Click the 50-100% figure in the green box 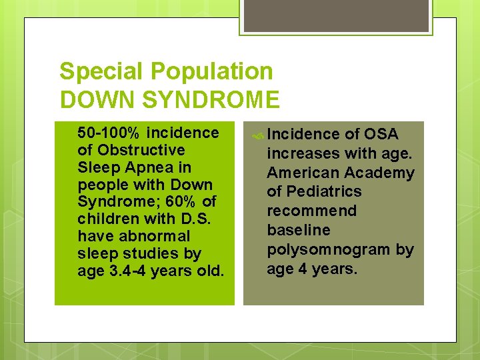109,133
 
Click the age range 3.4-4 126,271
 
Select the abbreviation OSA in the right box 381,135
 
